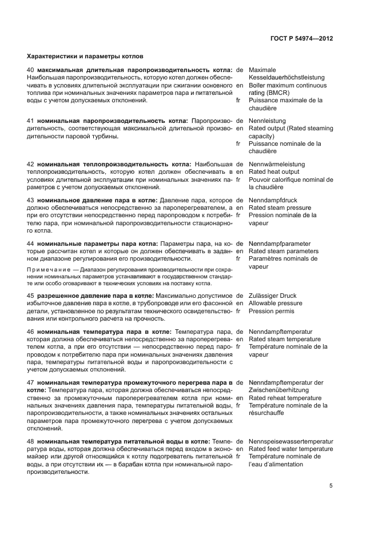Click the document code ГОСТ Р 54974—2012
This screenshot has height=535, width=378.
(x=301, y=38)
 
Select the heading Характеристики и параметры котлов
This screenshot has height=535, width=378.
(x=85, y=57)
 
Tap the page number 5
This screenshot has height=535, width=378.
(x=331, y=486)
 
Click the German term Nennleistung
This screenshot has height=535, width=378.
(x=268, y=121)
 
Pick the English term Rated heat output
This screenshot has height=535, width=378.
(x=274, y=171)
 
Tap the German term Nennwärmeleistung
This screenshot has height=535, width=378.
(x=277, y=165)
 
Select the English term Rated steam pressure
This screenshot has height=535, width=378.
(x=280, y=208)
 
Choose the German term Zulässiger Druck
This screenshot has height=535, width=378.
(x=273, y=296)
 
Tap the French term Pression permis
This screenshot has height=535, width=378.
(x=272, y=311)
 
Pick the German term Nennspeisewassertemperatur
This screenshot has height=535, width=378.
(x=291, y=442)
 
